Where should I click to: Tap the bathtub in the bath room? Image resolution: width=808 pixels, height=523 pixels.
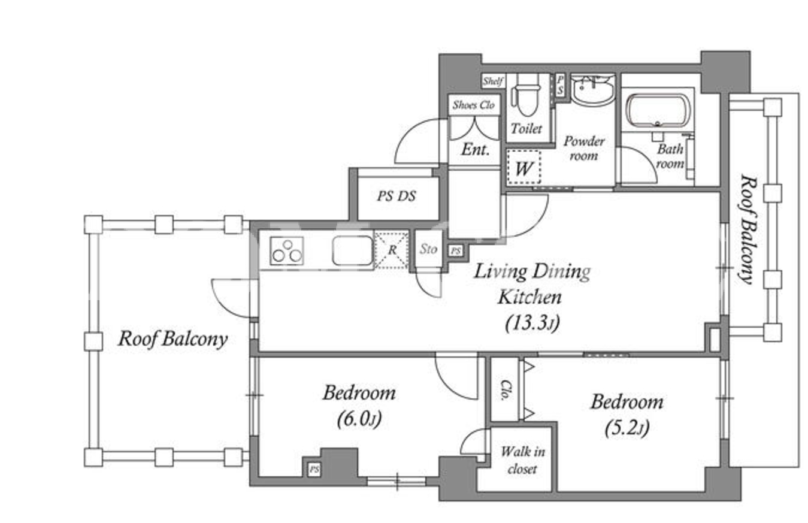pyautogui.click(x=658, y=110)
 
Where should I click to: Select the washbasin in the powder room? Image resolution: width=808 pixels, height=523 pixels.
pyautogui.click(x=592, y=90)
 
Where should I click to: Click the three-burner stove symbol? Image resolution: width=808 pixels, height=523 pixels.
pyautogui.click(x=287, y=250)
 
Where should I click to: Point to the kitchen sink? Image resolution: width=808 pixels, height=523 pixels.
pyautogui.click(x=352, y=250)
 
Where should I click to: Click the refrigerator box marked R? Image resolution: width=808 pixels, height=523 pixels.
pyautogui.click(x=392, y=250)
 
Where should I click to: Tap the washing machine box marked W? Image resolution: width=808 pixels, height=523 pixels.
pyautogui.click(x=523, y=168)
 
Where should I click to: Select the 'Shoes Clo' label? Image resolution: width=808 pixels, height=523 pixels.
pyautogui.click(x=474, y=105)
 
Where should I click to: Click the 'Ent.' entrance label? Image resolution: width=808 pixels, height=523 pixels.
pyautogui.click(x=476, y=149)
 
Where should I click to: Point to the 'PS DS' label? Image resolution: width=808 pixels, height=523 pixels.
pyautogui.click(x=397, y=196)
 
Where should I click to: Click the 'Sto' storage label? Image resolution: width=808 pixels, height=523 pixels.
pyautogui.click(x=428, y=249)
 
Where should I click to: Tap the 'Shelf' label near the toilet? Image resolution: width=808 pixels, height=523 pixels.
pyautogui.click(x=493, y=81)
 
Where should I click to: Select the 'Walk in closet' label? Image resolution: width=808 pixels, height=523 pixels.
pyautogui.click(x=522, y=460)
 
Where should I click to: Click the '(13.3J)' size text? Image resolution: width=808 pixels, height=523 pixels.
pyautogui.click(x=532, y=323)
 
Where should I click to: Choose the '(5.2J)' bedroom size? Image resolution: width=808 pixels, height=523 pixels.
pyautogui.click(x=627, y=428)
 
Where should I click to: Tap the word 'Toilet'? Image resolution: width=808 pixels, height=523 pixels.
pyautogui.click(x=526, y=128)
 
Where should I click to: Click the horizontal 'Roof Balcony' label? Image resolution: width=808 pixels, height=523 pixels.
pyautogui.click(x=173, y=339)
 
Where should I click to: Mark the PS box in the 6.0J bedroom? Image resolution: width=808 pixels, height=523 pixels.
pyautogui.click(x=314, y=470)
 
